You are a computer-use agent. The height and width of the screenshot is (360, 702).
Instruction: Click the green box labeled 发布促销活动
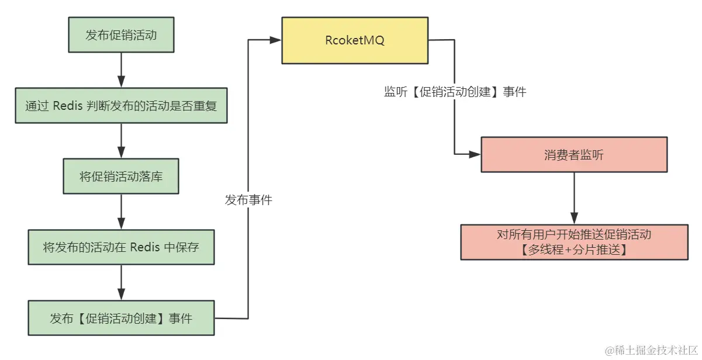click(121, 35)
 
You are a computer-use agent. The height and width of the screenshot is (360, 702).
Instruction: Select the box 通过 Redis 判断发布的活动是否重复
click(121, 106)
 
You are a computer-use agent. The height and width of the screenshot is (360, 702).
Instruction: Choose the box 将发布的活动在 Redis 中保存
click(121, 247)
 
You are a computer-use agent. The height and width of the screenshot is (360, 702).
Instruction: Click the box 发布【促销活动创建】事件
click(121, 319)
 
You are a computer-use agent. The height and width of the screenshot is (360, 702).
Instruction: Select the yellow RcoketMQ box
click(355, 40)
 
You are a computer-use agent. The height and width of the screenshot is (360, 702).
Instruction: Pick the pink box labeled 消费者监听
click(573, 155)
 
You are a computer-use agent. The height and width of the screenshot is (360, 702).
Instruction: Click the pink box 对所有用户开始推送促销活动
click(573, 242)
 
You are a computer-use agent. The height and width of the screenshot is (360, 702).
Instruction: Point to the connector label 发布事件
click(248, 200)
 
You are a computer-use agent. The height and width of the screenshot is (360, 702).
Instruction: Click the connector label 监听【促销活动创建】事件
click(455, 92)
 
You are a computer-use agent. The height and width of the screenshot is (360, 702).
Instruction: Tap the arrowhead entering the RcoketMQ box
click(275, 40)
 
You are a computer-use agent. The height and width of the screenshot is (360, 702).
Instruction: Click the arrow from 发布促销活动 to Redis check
click(121, 71)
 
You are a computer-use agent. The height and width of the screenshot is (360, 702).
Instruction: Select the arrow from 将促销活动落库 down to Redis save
click(121, 212)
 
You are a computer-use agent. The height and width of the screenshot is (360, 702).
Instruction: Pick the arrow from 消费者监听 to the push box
click(573, 198)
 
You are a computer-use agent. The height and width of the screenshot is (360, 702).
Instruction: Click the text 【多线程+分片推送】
click(573, 250)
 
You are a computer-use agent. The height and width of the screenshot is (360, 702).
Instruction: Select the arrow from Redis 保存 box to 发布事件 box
click(121, 283)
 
